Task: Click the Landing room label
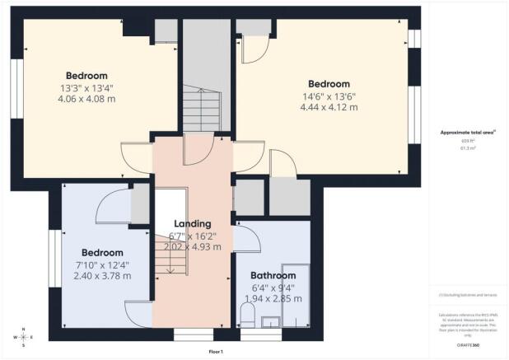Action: [x=192, y=223]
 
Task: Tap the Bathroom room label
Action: [x=273, y=275]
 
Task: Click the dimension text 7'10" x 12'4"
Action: [x=102, y=264]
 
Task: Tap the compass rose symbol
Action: [x=24, y=337]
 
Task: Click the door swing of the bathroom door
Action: [x=250, y=239]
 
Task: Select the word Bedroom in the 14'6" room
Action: [x=329, y=84]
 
